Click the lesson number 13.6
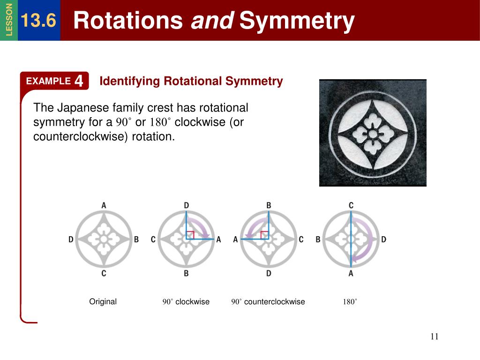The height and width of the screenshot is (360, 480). click(x=38, y=21)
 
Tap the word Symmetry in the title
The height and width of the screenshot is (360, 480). click(x=297, y=21)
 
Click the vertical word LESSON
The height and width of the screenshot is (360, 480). click(x=9, y=20)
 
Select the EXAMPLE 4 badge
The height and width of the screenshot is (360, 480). click(x=55, y=81)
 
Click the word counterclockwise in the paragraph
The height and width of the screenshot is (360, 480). click(x=77, y=137)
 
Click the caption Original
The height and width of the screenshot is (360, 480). click(x=103, y=301)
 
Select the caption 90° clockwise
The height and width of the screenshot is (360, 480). click(x=186, y=302)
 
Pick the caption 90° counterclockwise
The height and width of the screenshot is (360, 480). click(x=268, y=302)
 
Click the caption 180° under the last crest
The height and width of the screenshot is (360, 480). click(x=350, y=302)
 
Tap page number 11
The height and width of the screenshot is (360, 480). click(x=434, y=337)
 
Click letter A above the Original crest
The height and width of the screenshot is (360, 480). click(x=104, y=205)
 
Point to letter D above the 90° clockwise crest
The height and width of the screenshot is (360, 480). click(x=186, y=205)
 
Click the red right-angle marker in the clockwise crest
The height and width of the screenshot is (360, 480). click(x=190, y=235)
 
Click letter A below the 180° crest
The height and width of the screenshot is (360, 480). click(x=351, y=273)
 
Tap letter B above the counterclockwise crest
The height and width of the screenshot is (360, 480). click(x=269, y=205)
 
